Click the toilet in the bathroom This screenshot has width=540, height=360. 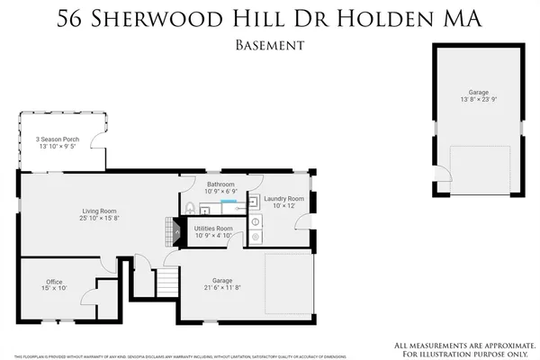click(x=190, y=208)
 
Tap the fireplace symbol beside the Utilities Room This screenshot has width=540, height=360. click(x=166, y=230)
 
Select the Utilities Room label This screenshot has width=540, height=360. click(x=213, y=229)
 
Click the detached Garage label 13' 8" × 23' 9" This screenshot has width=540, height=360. click(x=478, y=96)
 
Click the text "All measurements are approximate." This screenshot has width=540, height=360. click(x=460, y=345)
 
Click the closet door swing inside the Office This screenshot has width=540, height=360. click(x=90, y=297)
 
